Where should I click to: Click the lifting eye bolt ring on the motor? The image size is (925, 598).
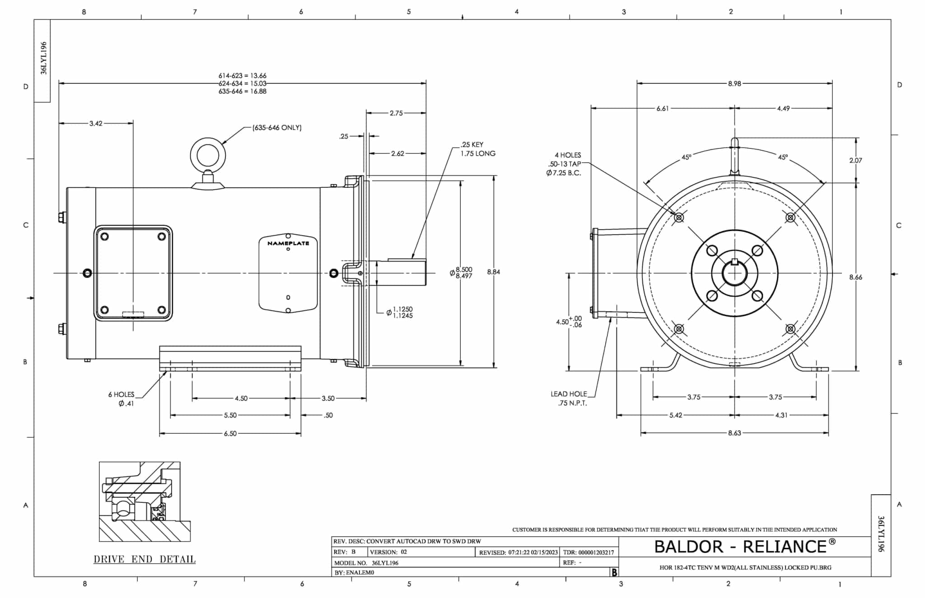coord(208,155)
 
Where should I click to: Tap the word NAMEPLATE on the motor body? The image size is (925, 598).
coord(288,243)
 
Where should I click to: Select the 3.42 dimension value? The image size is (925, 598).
coord(96,123)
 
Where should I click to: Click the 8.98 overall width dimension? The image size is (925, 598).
coord(734,83)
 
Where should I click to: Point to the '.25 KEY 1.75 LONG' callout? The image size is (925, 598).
coord(477,149)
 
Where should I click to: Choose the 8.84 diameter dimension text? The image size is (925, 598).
coord(494,272)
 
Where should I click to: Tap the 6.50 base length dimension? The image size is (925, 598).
coord(230,434)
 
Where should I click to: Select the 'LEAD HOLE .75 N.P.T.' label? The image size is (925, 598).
coord(569,399)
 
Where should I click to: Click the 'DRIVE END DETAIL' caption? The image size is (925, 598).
coord(145,559)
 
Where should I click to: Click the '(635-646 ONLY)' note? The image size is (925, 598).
coord(277,128)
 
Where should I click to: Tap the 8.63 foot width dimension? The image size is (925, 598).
coord(734,433)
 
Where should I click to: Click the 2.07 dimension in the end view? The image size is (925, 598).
coord(855,160)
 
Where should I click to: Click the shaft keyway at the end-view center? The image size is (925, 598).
coord(735,262)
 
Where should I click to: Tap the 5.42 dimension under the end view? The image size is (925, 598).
coord(676,415)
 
